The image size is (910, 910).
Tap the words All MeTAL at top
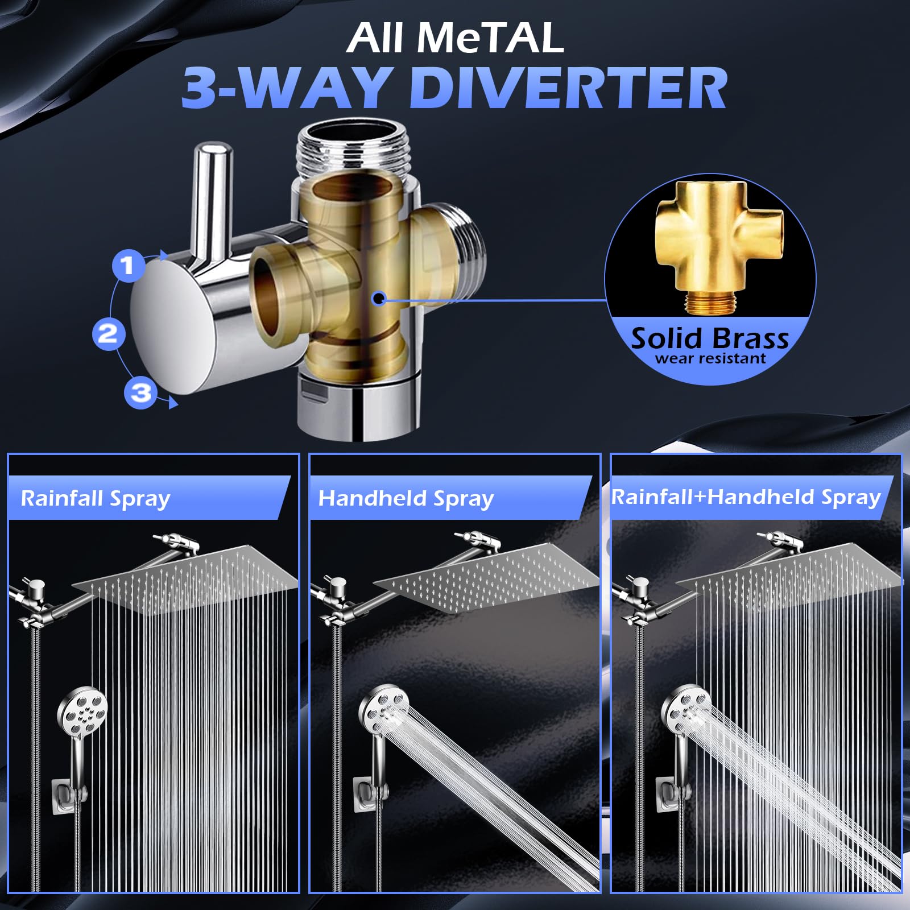pos(455,38)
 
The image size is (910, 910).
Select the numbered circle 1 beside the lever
pos(127,266)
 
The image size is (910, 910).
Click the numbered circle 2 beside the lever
pos(108,334)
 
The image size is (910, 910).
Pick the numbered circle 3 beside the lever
pos(140,393)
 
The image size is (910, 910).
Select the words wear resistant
pos(710,358)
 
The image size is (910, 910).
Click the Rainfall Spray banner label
pos(96,499)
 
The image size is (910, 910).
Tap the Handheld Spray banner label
pos(406,499)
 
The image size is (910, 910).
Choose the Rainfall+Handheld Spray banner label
pos(746,497)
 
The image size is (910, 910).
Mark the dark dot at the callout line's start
pos(378,297)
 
